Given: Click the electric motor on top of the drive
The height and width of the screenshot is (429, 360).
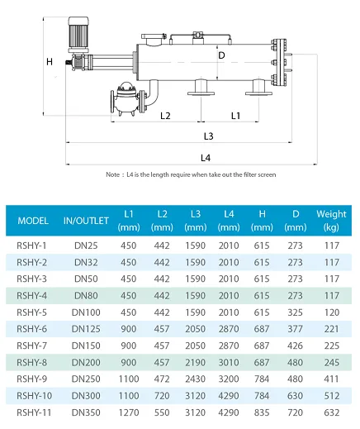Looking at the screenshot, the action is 78,35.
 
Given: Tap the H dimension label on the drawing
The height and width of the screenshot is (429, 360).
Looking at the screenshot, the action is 50,62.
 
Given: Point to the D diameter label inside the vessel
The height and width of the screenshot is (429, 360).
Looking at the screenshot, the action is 221,55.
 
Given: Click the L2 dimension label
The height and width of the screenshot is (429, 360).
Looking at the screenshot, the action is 165,116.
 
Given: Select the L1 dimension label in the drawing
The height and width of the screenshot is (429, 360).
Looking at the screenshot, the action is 235,116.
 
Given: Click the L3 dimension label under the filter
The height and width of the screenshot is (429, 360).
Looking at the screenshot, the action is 209,136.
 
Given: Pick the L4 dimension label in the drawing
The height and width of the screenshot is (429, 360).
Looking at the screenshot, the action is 206,158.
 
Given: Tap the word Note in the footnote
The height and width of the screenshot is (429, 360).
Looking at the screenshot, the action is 113,174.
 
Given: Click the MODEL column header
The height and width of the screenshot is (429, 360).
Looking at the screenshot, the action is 33,221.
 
